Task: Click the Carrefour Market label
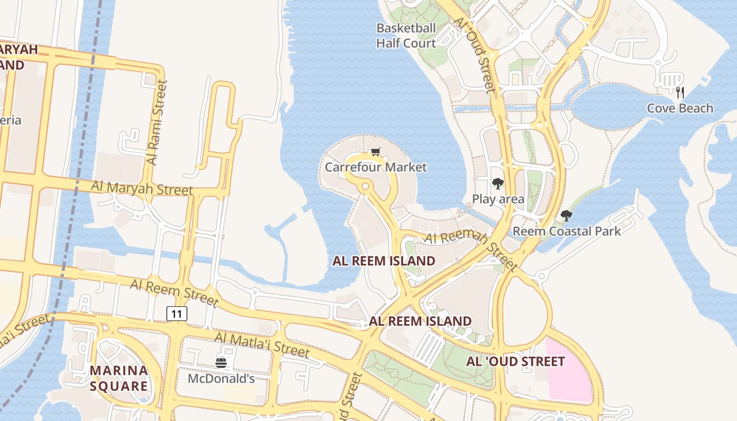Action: [376, 167]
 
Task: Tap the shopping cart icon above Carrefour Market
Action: [375, 152]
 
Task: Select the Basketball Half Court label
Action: [406, 36]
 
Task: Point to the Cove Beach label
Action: [680, 108]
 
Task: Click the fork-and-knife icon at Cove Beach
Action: [680, 93]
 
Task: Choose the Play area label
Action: [498, 199]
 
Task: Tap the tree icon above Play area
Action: [497, 183]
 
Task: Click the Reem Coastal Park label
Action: [566, 231]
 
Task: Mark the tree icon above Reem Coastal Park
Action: [566, 215]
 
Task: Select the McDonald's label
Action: [221, 378]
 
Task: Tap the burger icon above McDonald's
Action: [221, 363]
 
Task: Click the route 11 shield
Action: [177, 314]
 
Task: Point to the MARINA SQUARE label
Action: [118, 378]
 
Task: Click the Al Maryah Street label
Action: [142, 188]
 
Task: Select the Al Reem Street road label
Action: [174, 293]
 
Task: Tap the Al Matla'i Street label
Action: [262, 344]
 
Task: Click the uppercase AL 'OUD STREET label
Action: [515, 362]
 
